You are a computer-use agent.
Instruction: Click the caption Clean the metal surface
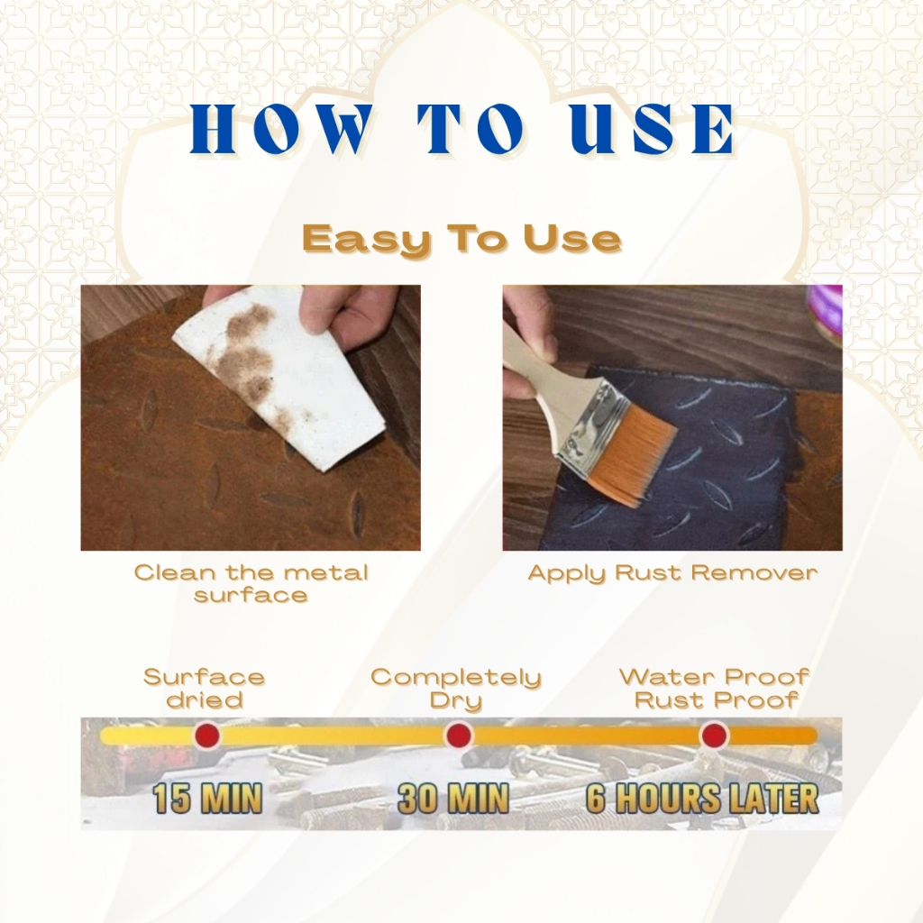(x=251, y=583)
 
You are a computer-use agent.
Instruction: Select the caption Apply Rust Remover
(x=672, y=572)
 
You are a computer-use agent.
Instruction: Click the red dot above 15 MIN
(x=206, y=736)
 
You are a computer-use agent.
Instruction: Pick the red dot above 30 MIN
(x=459, y=736)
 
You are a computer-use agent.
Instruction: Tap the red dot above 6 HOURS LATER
(x=714, y=736)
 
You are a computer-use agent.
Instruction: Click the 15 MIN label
(x=207, y=799)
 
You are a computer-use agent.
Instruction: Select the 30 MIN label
(x=453, y=799)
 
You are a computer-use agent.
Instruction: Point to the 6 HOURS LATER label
(x=703, y=799)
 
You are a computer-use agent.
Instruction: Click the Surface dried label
(x=205, y=689)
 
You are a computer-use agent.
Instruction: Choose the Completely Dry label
(x=456, y=689)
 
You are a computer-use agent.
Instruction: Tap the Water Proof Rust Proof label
(x=715, y=689)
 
